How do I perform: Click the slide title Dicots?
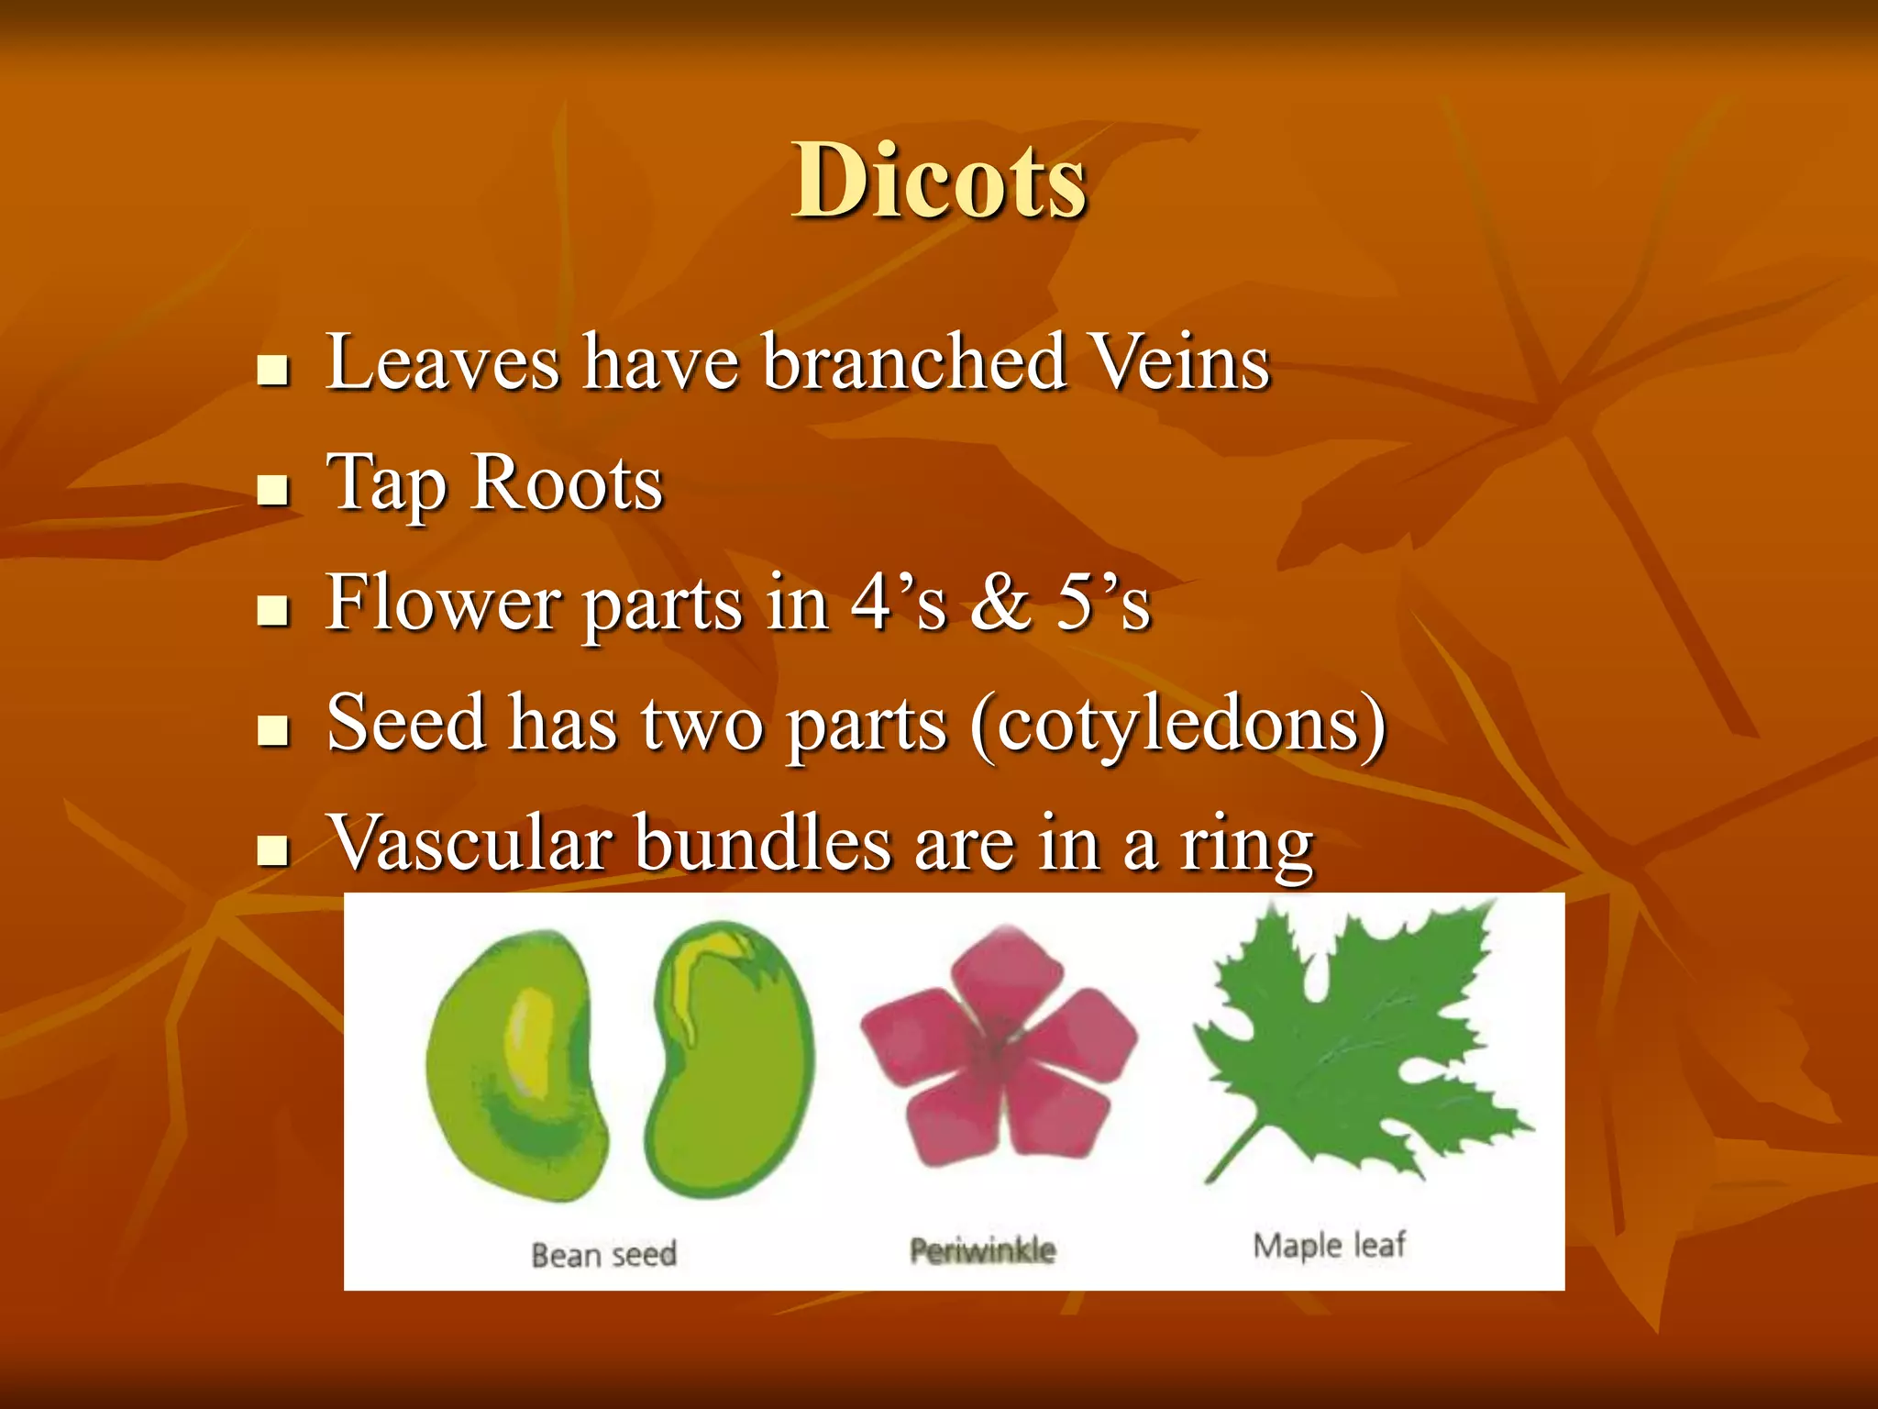(939, 181)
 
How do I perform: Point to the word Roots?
(566, 483)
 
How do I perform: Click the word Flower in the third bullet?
(443, 603)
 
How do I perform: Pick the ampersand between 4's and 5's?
(1001, 603)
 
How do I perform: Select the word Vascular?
(470, 843)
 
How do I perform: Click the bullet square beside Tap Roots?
(273, 491)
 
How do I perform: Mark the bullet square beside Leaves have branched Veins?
(273, 371)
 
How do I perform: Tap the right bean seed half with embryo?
(729, 1060)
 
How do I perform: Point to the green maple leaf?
(1357, 1046)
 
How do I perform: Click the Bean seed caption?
(603, 1254)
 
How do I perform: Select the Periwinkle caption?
(982, 1249)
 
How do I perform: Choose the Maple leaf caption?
(1329, 1245)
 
